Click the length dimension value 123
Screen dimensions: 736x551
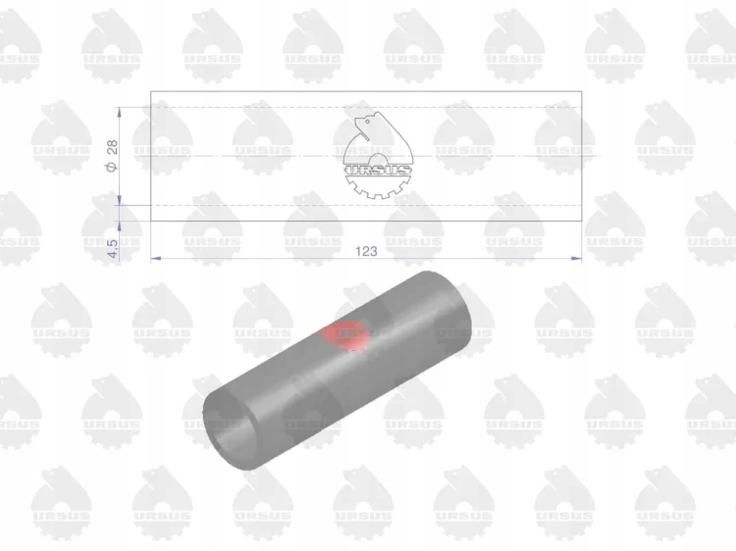[366, 251]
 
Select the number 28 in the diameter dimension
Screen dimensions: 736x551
[113, 147]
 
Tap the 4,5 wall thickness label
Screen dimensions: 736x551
[113, 248]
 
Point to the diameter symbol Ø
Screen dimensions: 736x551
[112, 167]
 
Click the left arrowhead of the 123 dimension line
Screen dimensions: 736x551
[155, 259]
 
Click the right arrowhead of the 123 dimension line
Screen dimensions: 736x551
[576, 259]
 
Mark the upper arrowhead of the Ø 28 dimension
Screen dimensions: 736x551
[119, 113]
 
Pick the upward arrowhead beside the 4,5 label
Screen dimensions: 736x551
[119, 226]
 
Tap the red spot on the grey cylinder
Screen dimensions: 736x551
[344, 334]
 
